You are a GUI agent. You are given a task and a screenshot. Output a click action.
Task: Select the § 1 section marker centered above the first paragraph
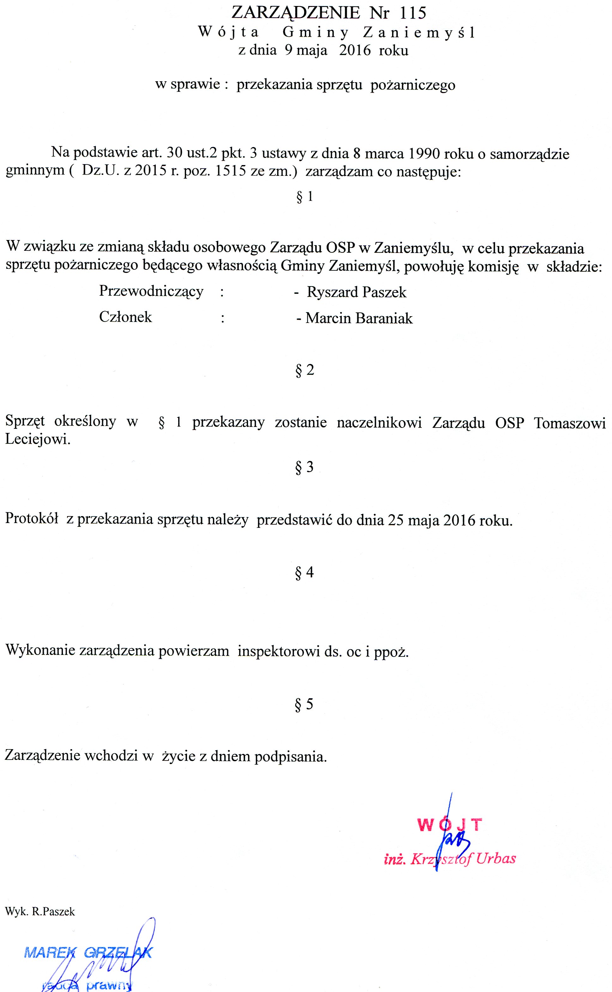click(x=305, y=197)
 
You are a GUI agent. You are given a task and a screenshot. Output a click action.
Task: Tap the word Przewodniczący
click(x=151, y=292)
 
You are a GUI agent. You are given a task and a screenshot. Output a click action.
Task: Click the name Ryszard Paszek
click(x=356, y=293)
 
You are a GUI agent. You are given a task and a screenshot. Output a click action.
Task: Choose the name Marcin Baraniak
click(x=359, y=318)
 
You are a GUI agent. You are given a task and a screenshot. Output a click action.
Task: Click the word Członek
click(x=125, y=317)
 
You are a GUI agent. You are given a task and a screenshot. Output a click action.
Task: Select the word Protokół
click(x=32, y=519)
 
